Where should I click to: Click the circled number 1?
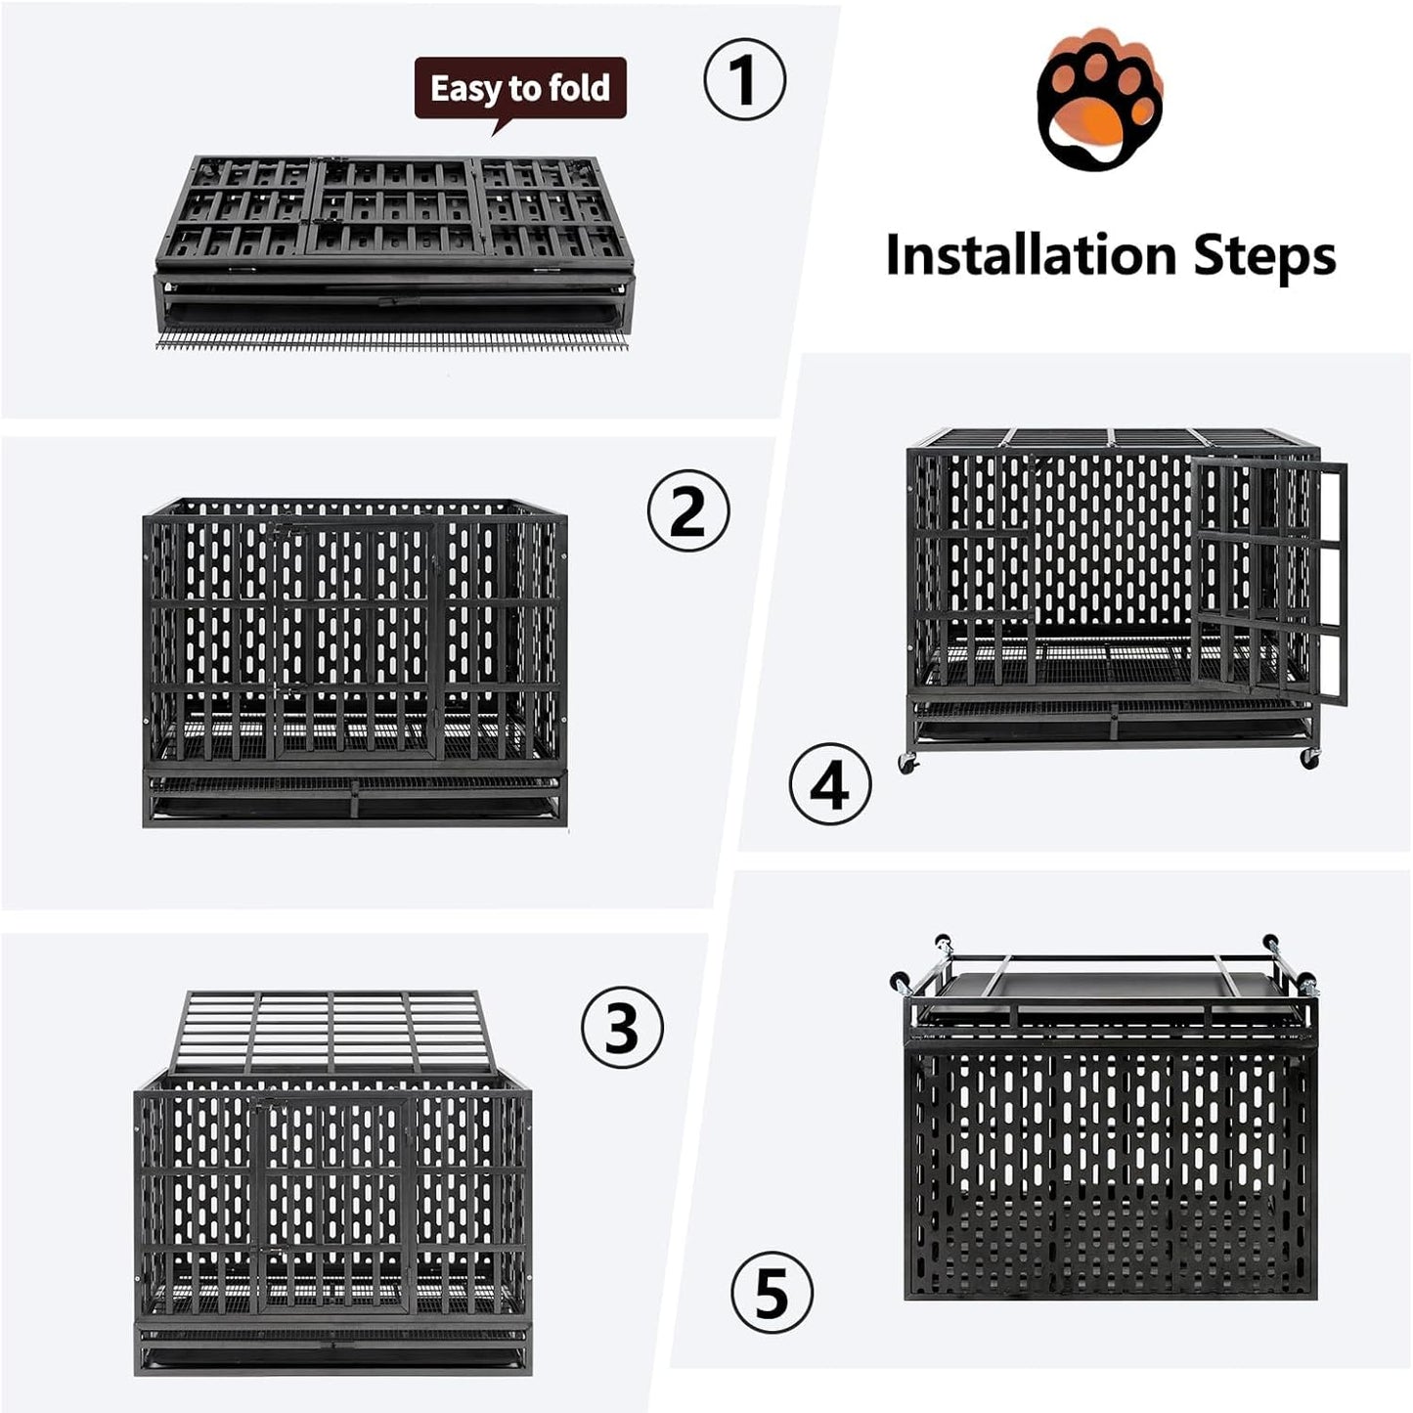744,80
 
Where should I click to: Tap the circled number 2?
688,510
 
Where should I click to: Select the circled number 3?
622,1028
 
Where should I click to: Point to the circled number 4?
830,784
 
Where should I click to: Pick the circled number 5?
772,1293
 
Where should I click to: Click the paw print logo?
1099,101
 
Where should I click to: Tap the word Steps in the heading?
1263,255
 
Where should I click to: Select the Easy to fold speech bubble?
520,90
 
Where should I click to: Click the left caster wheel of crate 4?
908,763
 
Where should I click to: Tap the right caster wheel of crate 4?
1310,758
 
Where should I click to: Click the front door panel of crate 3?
332,1203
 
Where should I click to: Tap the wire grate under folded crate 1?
391,341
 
